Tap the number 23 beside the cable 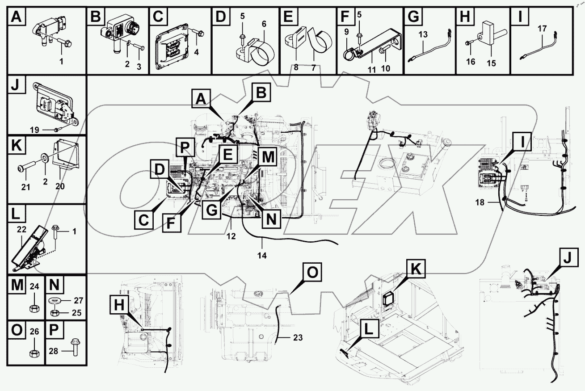tap(298, 338)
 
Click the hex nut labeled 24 tap(33, 308)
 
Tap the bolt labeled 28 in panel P tap(74, 352)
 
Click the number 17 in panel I tap(542, 29)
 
